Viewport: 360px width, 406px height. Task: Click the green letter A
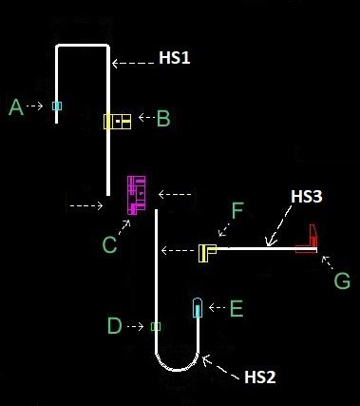(15, 108)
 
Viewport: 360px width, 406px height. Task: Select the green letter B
(163, 119)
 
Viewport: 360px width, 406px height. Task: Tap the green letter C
(109, 245)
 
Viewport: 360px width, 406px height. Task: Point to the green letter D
(114, 327)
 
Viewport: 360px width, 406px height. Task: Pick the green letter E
(237, 308)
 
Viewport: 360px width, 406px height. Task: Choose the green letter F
(237, 209)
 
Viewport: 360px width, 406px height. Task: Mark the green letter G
(342, 281)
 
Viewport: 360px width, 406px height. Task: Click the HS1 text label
(174, 58)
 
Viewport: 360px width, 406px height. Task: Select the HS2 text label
(260, 377)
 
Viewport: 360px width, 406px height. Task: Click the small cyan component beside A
(57, 106)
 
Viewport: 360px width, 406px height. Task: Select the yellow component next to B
(117, 122)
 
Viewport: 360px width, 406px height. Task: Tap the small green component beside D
(156, 327)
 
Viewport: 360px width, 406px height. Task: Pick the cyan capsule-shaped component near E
(197, 308)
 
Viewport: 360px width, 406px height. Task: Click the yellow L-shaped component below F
(207, 252)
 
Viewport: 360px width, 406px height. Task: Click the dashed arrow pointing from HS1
(133, 64)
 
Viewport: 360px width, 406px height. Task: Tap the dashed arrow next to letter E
(217, 308)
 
